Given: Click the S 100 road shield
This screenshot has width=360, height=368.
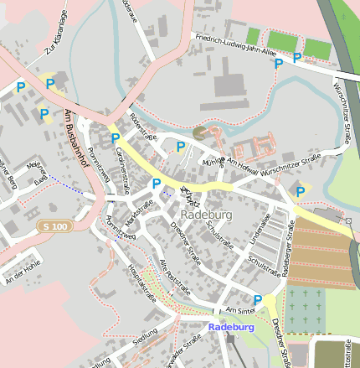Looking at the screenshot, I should click(x=54, y=227).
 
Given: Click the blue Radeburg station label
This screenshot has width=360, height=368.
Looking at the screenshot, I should click(x=230, y=327).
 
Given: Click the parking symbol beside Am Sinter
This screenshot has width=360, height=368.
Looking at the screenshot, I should click(x=258, y=299).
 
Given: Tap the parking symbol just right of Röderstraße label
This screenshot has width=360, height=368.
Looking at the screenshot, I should click(x=180, y=147).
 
